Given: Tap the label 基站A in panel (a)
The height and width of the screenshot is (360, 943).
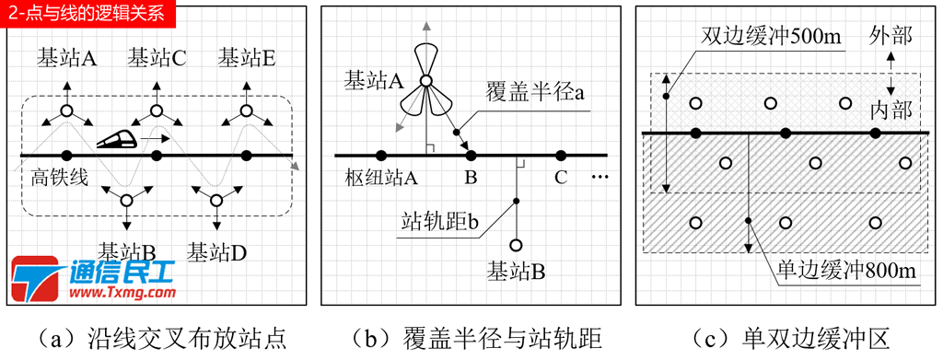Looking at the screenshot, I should click(67, 58).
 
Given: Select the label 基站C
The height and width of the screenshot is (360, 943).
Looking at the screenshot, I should click(157, 58).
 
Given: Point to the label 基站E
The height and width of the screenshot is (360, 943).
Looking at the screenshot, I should click(247, 58).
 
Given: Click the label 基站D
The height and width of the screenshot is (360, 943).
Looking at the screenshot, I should click(215, 250).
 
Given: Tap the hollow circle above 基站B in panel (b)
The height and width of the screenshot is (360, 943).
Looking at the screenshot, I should click(517, 246).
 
